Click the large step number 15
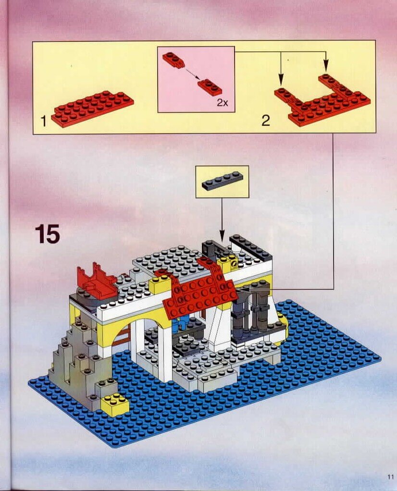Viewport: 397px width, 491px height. [x=47, y=233]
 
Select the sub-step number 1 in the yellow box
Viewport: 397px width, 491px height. [x=44, y=121]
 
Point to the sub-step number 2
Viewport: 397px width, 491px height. [x=266, y=121]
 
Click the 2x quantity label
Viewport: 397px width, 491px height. [x=222, y=102]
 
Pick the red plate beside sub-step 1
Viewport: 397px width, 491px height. [x=92, y=109]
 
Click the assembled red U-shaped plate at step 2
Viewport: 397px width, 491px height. [x=323, y=99]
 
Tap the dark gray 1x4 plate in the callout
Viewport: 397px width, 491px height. [x=222, y=181]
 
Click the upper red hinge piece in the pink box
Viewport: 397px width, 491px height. [x=174, y=60]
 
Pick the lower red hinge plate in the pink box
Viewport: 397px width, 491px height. [x=210, y=87]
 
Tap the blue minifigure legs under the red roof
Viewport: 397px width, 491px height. [x=182, y=324]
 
